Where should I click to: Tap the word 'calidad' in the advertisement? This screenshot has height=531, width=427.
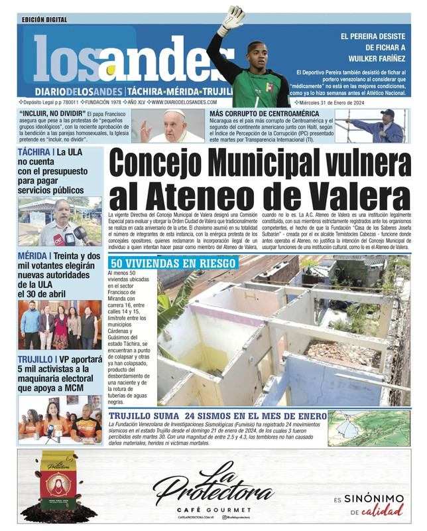tap(387, 510)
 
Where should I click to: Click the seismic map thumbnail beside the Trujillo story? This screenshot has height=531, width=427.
tap(369, 429)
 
